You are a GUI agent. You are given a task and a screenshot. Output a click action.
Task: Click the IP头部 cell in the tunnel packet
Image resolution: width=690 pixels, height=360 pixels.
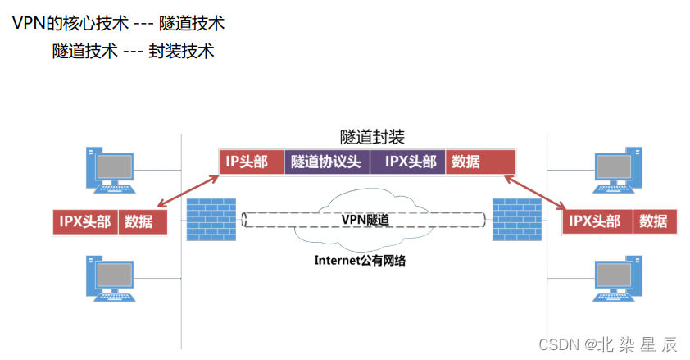252,162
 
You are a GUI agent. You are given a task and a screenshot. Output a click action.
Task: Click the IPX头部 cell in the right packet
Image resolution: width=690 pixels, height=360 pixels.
597,221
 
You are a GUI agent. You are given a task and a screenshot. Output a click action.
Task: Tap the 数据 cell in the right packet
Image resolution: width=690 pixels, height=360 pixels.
653,221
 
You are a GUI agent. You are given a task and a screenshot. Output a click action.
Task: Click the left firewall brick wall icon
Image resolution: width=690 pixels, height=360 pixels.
210,219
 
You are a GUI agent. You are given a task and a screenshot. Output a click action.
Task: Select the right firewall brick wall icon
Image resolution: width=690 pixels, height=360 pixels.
515,219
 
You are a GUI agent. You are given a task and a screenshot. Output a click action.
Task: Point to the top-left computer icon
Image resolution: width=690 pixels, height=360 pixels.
108,168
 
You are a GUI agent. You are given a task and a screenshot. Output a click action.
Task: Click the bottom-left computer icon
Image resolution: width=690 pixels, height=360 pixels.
108,276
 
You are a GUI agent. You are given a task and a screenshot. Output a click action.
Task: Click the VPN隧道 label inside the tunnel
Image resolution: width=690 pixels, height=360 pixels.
365,219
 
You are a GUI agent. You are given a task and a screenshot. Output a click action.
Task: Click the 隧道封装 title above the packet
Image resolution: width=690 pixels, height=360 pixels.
372,137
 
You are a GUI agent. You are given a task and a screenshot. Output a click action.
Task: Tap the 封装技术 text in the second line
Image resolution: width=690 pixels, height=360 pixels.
181,51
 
